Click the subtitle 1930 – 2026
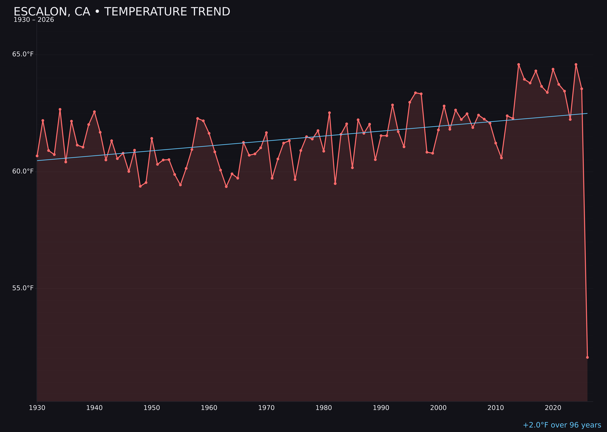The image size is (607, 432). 34,20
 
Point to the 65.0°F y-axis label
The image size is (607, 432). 23,54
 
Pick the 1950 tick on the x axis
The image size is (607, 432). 152,408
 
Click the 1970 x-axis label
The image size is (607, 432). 266,408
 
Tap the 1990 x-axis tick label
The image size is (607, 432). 381,408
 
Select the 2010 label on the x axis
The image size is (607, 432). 496,408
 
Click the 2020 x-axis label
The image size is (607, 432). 553,408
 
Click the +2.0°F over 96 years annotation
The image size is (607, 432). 562,425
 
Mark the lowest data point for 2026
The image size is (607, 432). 587,357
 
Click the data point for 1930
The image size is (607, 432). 37,156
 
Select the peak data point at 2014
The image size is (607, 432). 519,64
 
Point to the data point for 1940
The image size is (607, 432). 94,112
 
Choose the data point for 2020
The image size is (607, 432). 553,69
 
